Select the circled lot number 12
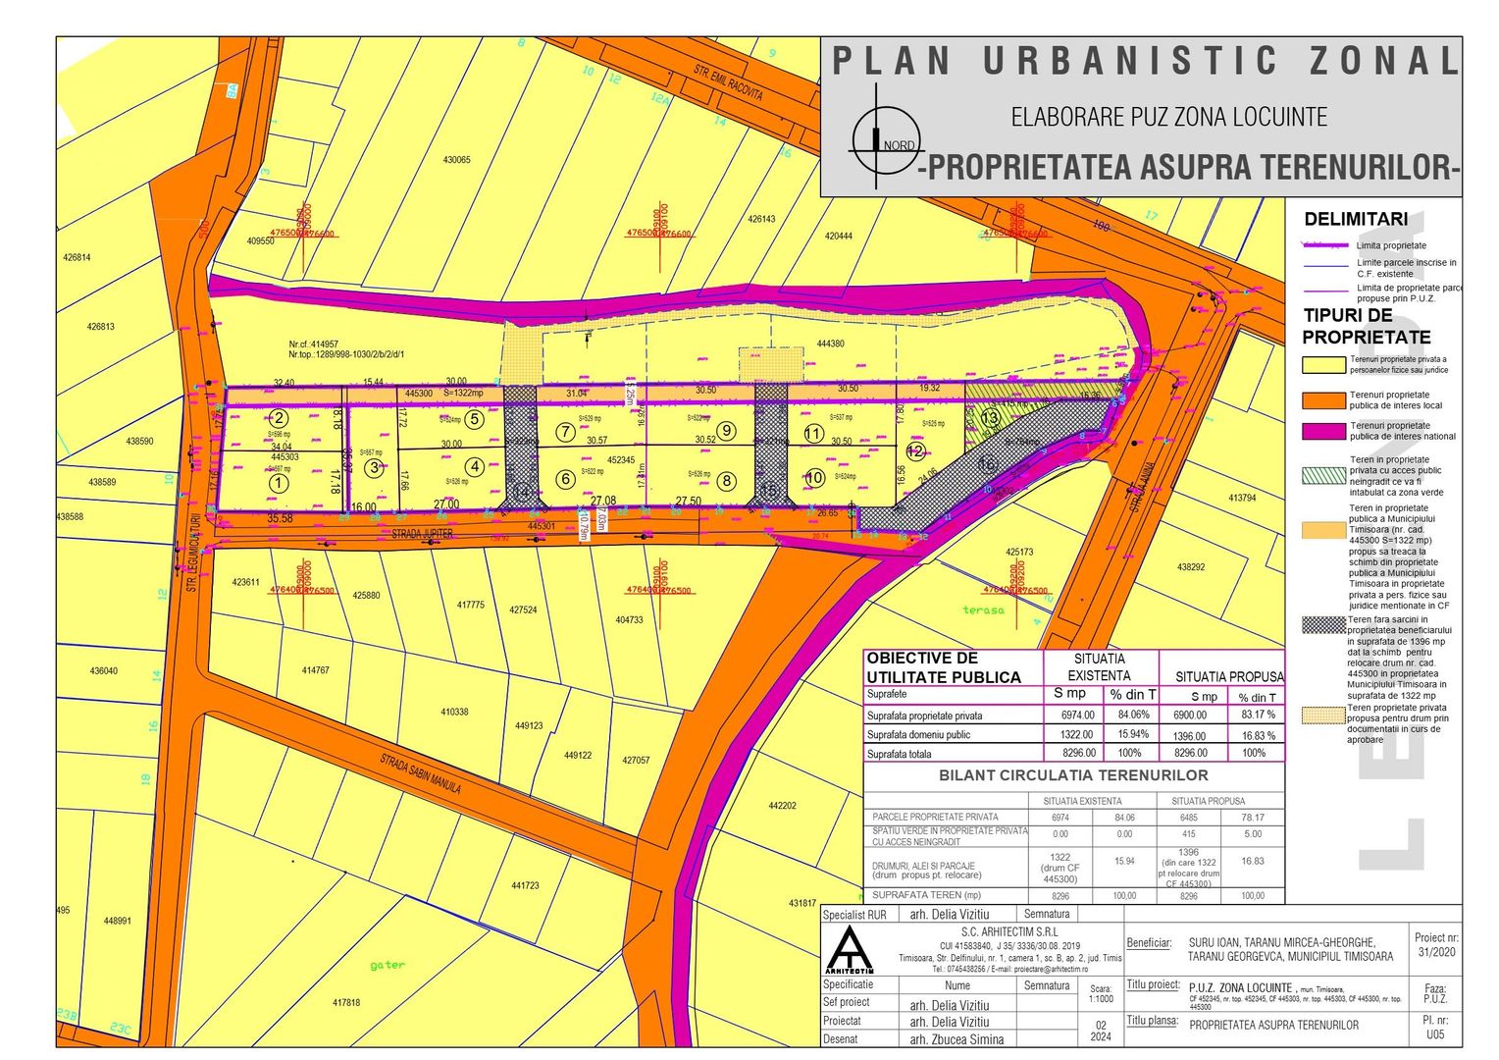915,451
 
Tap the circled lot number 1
280,482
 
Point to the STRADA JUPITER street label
423,534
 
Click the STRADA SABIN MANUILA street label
420,773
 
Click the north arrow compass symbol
876,137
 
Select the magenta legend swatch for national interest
1323,431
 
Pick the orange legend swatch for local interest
1323,399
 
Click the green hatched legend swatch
1323,475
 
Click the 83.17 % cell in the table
1252,715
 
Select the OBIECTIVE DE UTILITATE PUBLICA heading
943,667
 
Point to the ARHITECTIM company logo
850,949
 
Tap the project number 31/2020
1437,952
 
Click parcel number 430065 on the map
456,160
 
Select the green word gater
388,965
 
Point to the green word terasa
983,609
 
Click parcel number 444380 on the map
830,344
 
